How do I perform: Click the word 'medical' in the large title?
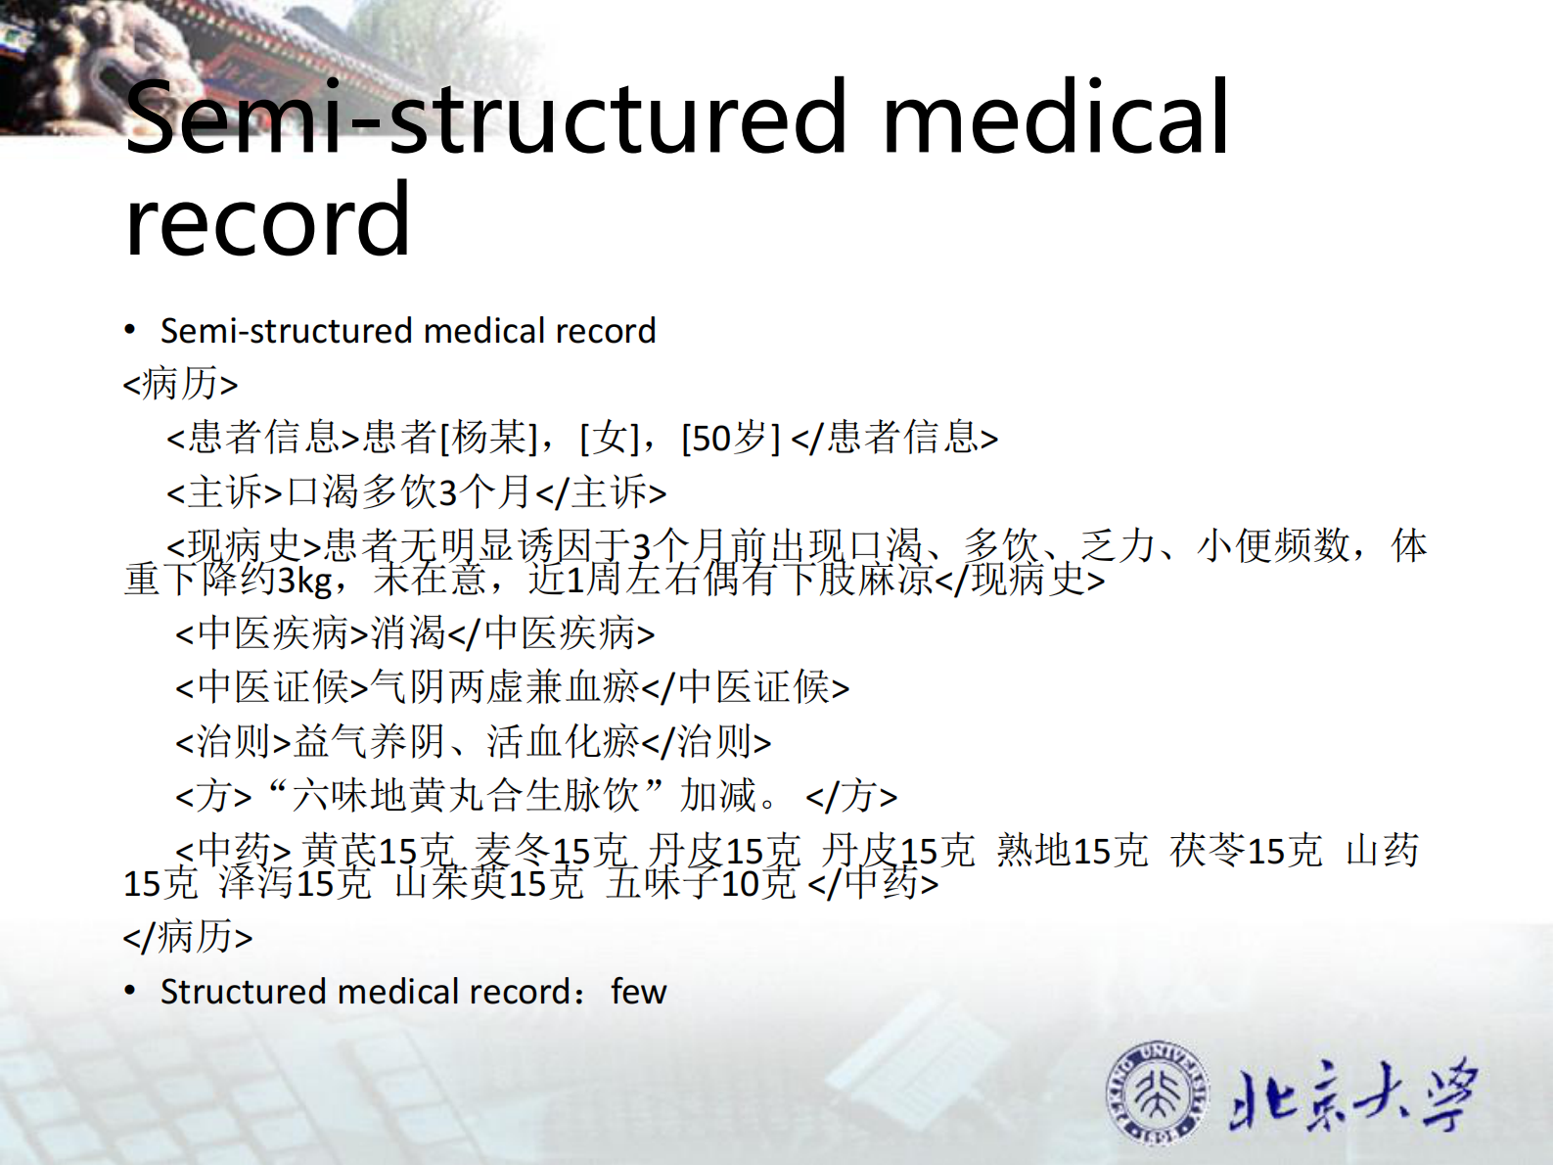coord(1055,117)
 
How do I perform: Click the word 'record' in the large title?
coord(267,221)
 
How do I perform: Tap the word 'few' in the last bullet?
coord(638,992)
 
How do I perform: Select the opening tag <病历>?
coord(180,383)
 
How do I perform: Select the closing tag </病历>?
coord(187,937)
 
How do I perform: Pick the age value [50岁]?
coord(730,438)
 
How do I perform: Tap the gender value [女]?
coord(610,438)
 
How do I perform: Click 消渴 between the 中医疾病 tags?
coord(408,633)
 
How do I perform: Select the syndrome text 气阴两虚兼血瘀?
coord(505,687)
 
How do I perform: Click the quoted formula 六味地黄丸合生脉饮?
coord(466,795)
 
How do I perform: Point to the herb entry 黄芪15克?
coord(379,850)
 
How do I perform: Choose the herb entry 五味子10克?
coord(701,884)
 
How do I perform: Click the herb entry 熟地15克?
coord(1072,850)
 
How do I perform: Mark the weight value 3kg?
coord(305,581)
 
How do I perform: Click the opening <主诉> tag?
coord(224,491)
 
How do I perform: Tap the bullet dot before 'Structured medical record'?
coord(130,991)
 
